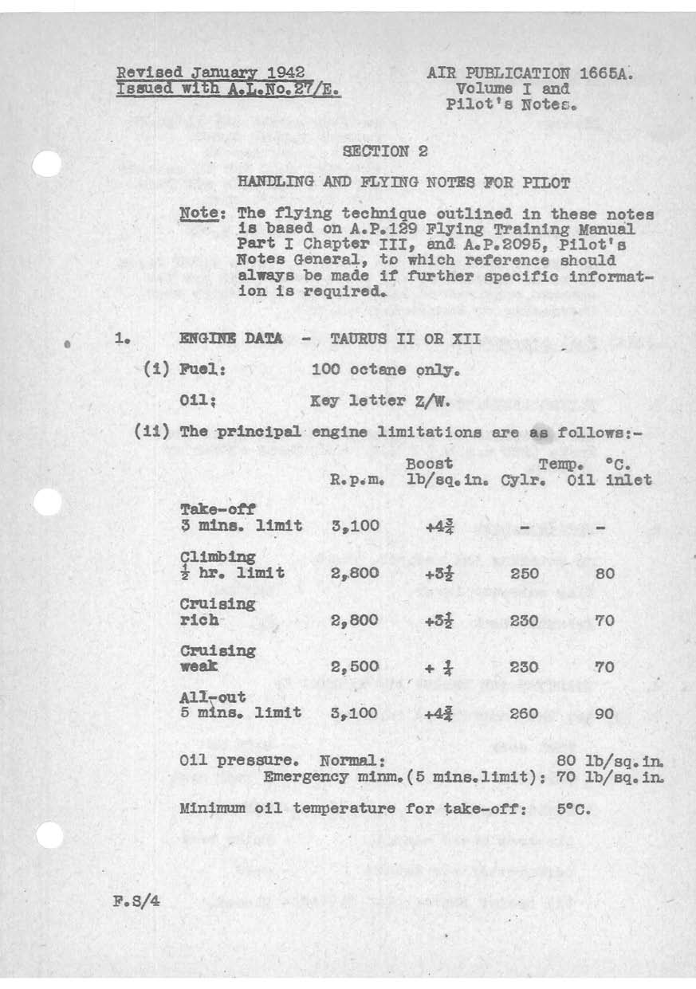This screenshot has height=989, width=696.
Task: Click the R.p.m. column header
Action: (x=358, y=480)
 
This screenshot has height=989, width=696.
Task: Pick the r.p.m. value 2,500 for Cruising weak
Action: (x=353, y=666)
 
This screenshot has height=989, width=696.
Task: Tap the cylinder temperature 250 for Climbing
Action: (x=524, y=573)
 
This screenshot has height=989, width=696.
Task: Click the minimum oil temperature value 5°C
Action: (x=573, y=808)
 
